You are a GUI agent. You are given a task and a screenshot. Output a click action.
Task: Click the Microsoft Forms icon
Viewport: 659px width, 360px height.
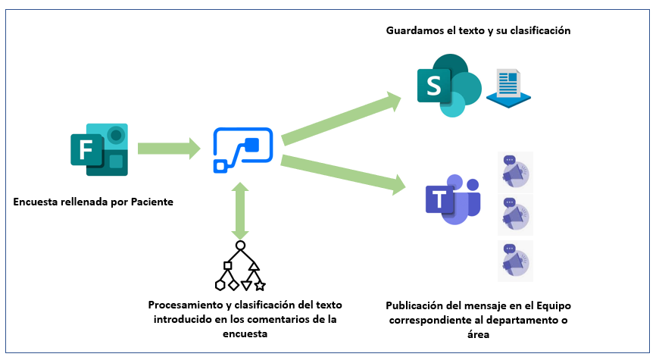click(x=99, y=149)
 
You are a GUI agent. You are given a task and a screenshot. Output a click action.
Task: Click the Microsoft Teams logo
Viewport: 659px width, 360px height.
click(x=451, y=199)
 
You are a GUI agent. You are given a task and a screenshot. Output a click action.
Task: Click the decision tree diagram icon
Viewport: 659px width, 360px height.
click(x=240, y=266)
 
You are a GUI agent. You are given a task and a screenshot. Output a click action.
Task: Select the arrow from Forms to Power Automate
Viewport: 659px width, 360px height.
click(x=169, y=149)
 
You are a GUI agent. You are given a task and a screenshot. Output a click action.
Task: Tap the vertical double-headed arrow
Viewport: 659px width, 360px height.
click(x=240, y=211)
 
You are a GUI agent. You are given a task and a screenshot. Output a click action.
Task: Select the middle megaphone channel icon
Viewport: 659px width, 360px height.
click(x=516, y=214)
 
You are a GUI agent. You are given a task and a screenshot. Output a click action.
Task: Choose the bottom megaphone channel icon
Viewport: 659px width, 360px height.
click(x=516, y=261)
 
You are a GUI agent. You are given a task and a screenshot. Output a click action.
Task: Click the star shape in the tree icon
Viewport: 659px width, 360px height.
click(x=260, y=286)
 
